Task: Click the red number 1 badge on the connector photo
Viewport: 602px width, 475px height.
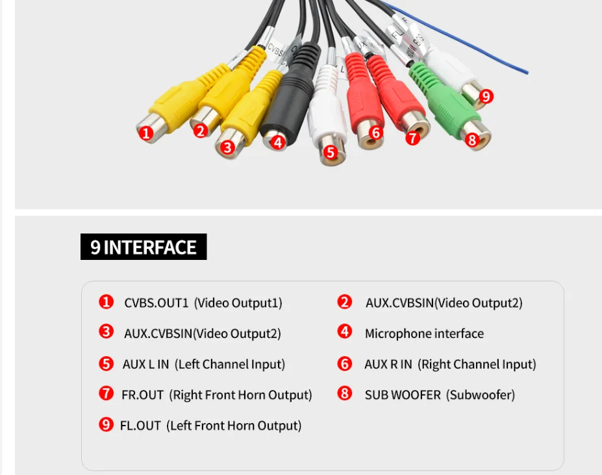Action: (x=146, y=133)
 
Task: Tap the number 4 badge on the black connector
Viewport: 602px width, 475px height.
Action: (x=278, y=142)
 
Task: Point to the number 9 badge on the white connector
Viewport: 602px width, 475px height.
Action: (x=486, y=97)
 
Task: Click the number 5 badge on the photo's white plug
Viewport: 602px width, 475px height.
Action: (x=330, y=153)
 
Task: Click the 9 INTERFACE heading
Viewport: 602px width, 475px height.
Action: (x=144, y=247)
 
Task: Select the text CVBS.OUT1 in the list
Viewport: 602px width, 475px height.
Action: (x=156, y=303)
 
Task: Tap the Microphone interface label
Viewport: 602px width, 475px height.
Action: (x=424, y=334)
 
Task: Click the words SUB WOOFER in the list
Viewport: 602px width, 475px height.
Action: (x=403, y=395)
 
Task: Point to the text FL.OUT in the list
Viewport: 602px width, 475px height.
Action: (x=140, y=426)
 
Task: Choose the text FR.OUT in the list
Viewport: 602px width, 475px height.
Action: (x=142, y=395)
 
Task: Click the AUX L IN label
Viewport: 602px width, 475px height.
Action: (x=145, y=365)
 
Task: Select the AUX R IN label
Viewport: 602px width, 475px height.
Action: (x=388, y=365)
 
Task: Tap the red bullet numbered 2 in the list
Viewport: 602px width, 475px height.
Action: (x=344, y=302)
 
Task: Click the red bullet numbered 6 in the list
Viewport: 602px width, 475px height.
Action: (x=344, y=364)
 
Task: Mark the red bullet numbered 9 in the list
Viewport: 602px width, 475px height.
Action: (x=106, y=425)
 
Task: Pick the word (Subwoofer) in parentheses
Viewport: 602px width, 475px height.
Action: (x=480, y=395)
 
